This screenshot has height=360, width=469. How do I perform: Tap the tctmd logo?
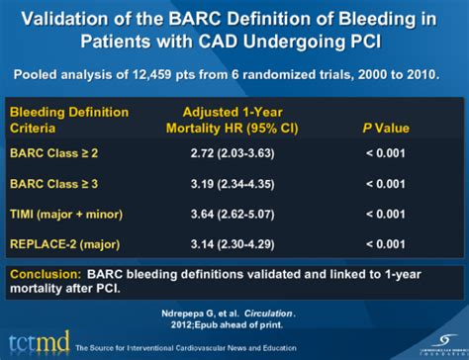pyautogui.click(x=39, y=337)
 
